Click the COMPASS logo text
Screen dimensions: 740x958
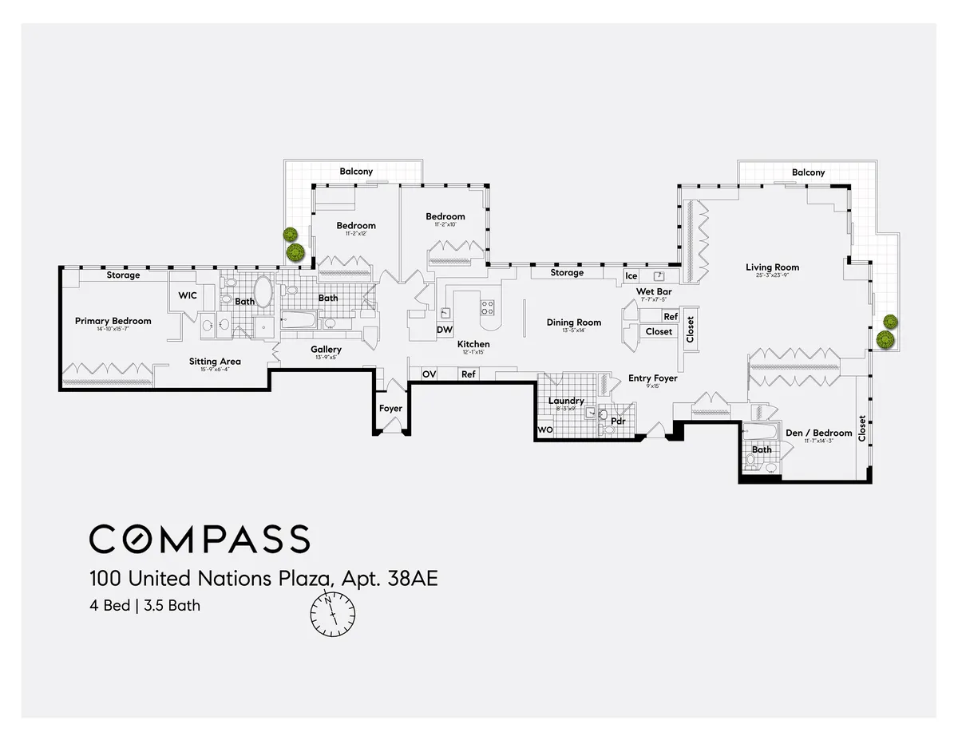pos(199,540)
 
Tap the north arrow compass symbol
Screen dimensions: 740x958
pos(333,613)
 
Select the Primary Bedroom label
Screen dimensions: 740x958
pos(113,321)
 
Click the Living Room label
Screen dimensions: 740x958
pos(772,267)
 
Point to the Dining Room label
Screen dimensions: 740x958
pos(573,323)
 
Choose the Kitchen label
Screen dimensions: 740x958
pos(473,344)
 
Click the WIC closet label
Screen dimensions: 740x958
pos(188,295)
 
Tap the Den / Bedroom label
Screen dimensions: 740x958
pos(818,433)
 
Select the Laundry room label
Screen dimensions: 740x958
pos(566,401)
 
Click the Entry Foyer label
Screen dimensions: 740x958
pos(652,378)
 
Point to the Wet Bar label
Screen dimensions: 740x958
pos(654,292)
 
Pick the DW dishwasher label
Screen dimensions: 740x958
pos(444,330)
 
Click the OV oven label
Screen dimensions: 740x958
pos(429,374)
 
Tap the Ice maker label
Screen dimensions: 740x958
pos(631,276)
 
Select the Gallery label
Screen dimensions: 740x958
pos(326,350)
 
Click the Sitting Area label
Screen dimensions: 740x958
pos(215,362)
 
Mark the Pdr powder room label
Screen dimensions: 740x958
pos(617,421)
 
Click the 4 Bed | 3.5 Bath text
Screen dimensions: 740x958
pos(144,605)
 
